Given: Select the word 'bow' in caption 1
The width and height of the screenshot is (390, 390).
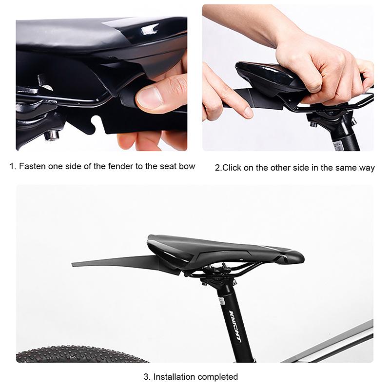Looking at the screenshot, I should [x=187, y=166].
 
